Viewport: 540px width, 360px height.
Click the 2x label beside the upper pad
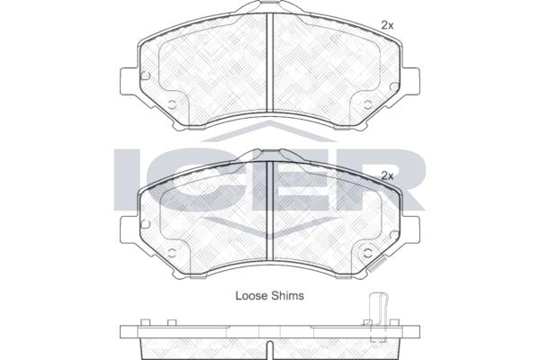pyautogui.click(x=387, y=25)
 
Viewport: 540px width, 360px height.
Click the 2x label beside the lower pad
pyautogui.click(x=387, y=175)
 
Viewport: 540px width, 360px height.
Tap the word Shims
pyautogui.click(x=288, y=295)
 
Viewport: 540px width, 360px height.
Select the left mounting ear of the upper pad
pyautogui.click(x=130, y=81)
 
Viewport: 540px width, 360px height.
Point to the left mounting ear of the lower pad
pyautogui.click(x=130, y=229)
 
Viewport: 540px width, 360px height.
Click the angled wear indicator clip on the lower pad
pyautogui.click(x=376, y=265)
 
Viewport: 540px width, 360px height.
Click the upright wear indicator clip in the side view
pyautogui.click(x=379, y=317)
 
